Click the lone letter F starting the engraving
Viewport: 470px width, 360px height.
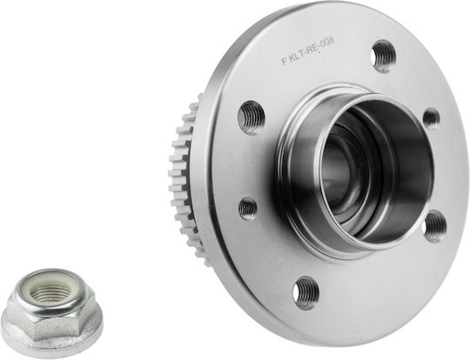[x=283, y=62]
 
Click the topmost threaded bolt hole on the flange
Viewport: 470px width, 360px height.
[x=383, y=57]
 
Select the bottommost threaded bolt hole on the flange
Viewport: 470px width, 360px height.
[x=305, y=294]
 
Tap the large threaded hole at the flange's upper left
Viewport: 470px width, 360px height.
[x=252, y=117]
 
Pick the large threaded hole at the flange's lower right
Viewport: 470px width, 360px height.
[x=436, y=226]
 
